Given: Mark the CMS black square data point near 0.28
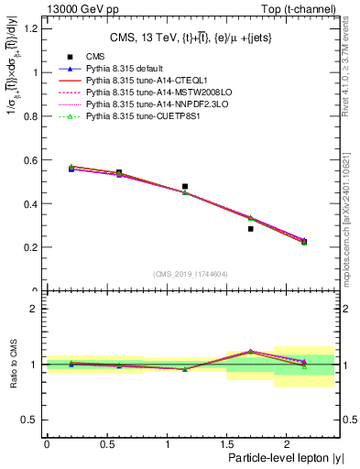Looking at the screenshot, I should [x=250, y=229].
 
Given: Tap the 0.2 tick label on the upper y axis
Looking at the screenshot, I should [x=32, y=247].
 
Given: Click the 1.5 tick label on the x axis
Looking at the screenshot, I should [x=225, y=444].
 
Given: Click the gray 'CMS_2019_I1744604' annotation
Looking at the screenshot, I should [x=190, y=273].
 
